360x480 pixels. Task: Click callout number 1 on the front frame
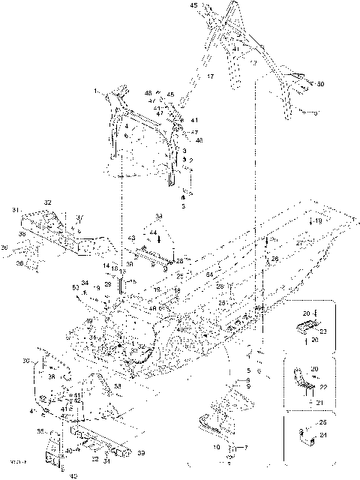tap(96, 90)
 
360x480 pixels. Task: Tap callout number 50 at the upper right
tap(321, 84)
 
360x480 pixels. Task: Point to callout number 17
tap(211, 76)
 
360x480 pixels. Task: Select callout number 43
tap(132, 238)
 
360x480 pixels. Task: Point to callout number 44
tap(153, 233)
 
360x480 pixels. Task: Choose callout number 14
tap(106, 265)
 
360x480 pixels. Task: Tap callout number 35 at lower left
tap(40, 431)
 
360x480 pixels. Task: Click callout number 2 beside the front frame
tap(190, 160)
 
